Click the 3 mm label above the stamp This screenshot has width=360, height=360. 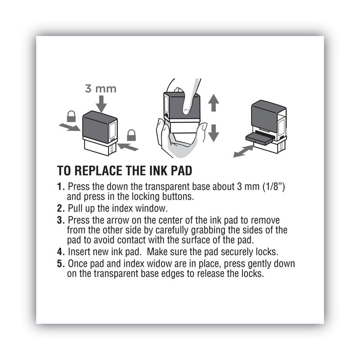101,88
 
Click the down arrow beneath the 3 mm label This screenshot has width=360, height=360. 101,104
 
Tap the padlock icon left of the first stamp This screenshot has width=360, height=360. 71,117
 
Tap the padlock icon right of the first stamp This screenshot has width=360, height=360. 131,135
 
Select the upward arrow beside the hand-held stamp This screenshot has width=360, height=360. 214,103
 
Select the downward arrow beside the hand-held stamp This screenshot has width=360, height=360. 214,132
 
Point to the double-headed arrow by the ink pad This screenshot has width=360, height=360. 243,151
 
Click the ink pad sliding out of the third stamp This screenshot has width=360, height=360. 259,139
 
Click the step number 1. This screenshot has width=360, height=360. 60,187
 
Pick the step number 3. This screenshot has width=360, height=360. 60,220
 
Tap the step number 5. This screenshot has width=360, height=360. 60,263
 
